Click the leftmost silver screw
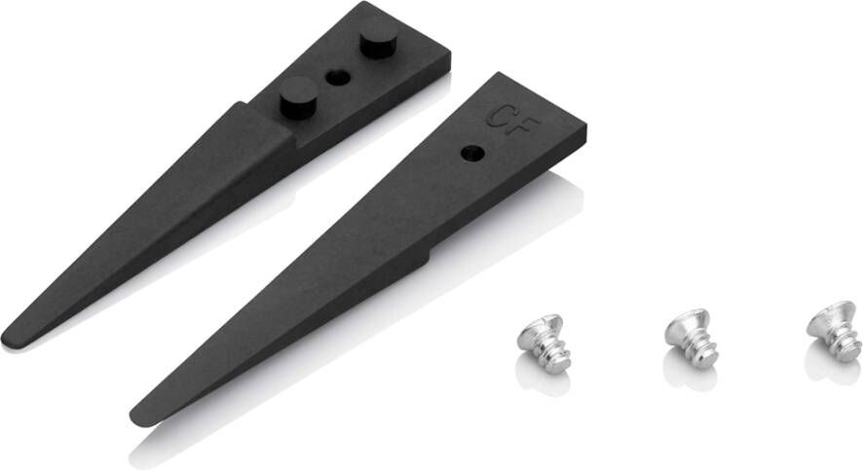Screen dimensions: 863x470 point(542,343)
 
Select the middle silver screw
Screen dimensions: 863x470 point(691,337)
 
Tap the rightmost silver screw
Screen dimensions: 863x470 point(835,331)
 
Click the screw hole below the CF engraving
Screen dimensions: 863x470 point(472,154)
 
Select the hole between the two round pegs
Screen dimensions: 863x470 point(338,78)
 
